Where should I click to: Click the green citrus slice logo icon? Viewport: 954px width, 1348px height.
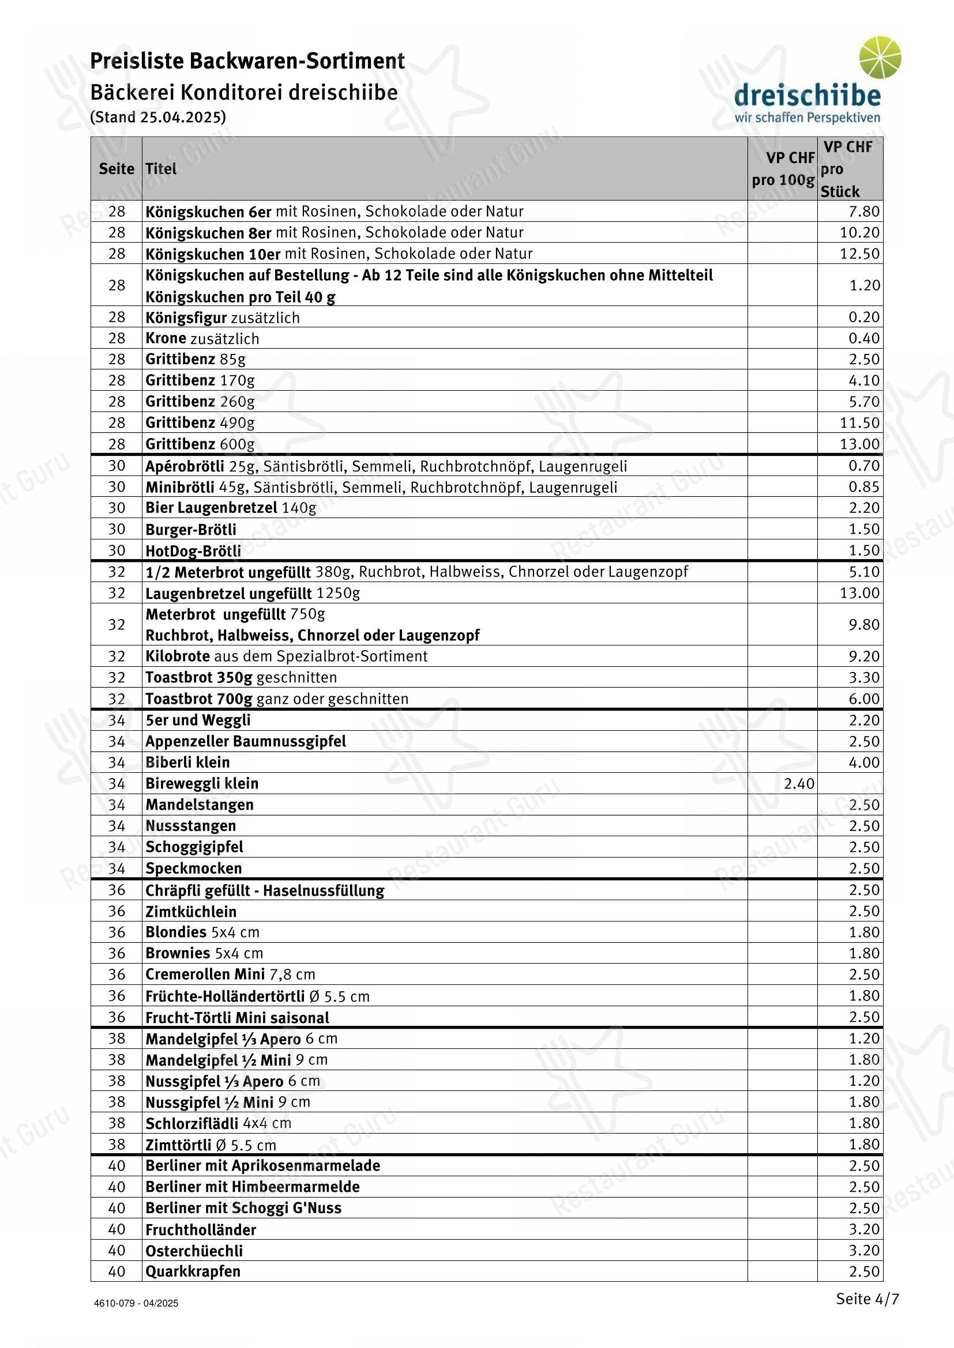pos(880,58)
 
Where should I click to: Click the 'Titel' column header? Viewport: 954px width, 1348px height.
pos(161,169)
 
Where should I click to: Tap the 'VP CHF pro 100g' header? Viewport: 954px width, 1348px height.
pos(783,169)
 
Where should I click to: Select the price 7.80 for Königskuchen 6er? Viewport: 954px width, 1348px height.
pos(863,212)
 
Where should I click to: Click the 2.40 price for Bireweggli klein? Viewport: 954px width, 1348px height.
pos(799,783)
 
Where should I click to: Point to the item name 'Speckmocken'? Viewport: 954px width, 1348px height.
pos(193,868)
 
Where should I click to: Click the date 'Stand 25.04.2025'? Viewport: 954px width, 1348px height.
pos(158,117)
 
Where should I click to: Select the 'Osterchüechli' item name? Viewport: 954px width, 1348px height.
pos(194,1251)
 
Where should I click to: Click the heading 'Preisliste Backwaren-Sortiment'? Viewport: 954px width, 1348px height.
pos(247,61)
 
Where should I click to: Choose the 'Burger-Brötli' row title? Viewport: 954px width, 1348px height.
pos(191,529)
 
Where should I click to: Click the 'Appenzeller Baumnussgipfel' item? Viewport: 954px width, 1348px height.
pos(246,741)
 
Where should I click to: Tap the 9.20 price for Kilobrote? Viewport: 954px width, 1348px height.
pos(863,656)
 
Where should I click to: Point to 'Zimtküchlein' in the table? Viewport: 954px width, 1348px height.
pos(191,911)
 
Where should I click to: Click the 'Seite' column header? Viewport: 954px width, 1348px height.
pos(117,169)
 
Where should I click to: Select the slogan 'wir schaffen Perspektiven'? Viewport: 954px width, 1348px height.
pos(807,118)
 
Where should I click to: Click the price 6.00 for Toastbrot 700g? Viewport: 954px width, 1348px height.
pos(863,698)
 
